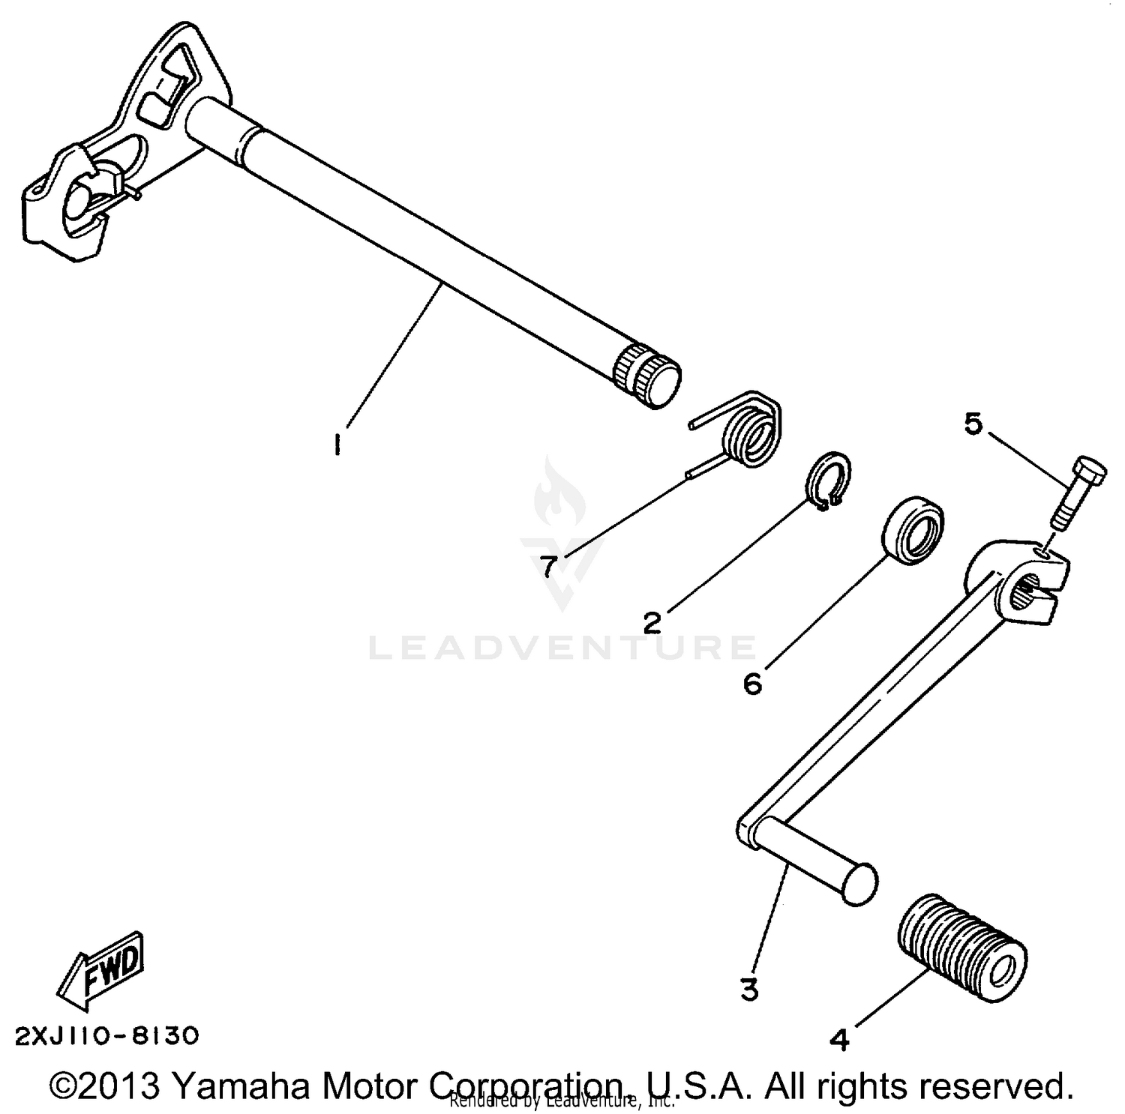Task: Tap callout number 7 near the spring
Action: pos(550,566)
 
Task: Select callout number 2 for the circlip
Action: pos(653,621)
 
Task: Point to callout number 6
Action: pos(753,683)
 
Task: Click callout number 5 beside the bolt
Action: pos(973,424)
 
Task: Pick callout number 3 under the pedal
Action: pos(749,990)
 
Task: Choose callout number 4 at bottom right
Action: pos(841,1040)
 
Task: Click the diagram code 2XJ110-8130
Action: pos(107,1036)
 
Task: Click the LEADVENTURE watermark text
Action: pos(562,648)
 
